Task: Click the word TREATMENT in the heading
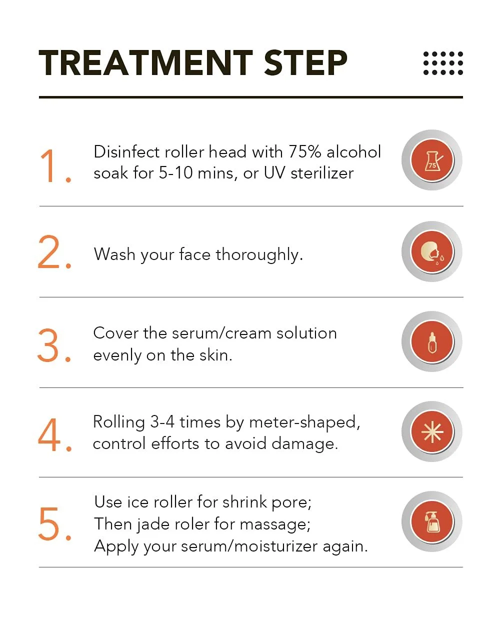[145, 62]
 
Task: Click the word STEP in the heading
[305, 62]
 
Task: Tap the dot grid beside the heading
[443, 63]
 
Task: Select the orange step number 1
[55, 166]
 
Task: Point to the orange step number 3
[54, 345]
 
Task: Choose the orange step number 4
[55, 434]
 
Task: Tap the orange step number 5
[55, 523]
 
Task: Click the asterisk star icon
[432, 431]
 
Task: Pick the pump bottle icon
[432, 521]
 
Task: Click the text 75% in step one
[305, 152]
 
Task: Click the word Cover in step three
[115, 333]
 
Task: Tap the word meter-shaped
[305, 423]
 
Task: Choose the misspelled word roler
[192, 524]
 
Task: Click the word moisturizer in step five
[276, 546]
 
